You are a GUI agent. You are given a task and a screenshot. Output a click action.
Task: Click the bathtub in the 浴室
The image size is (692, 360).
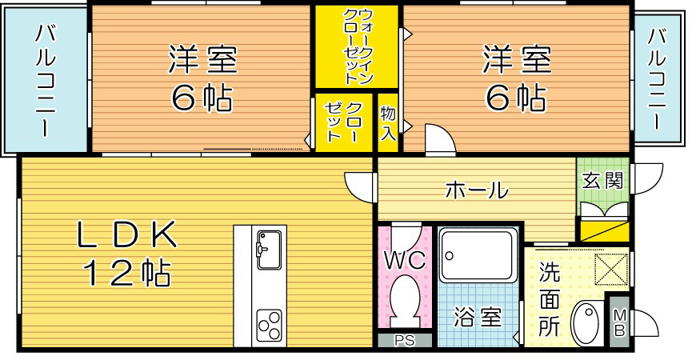point(478,255)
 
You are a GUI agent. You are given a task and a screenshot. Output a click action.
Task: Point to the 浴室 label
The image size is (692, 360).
point(478,318)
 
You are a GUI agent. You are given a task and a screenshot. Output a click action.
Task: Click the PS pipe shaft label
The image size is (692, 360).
point(405,340)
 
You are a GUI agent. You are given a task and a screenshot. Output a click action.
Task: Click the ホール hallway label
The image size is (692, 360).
point(475,190)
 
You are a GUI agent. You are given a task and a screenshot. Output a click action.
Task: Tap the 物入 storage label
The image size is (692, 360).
point(387,122)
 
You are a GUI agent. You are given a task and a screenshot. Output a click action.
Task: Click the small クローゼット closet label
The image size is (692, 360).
point(343,122)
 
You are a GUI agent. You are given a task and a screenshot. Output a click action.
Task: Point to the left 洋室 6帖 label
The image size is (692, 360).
point(200,78)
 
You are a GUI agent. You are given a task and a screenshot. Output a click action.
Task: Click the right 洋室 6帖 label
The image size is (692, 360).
point(515,78)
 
